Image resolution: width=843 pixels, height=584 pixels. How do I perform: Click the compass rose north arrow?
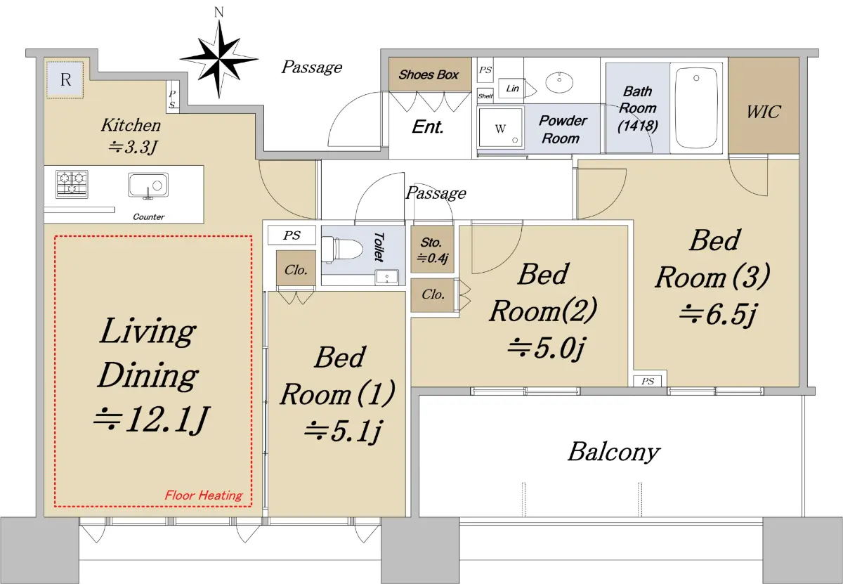coord(219,60)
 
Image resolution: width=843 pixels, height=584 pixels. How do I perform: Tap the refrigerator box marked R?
coord(65,80)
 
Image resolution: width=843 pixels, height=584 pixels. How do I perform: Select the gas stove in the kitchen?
coord(72,184)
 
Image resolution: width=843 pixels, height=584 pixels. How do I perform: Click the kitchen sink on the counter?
coord(148,186)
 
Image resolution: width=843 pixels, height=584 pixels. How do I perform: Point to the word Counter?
coord(149,217)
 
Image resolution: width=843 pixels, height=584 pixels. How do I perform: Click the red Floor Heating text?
coord(204,495)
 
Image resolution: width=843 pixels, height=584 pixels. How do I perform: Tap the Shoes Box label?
coord(429,74)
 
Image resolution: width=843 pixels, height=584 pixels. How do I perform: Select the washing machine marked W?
coord(500,128)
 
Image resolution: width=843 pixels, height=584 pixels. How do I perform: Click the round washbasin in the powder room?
coord(559,82)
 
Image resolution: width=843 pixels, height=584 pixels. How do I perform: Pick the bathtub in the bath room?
coord(696,108)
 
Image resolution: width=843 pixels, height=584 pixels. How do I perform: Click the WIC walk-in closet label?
coord(764,112)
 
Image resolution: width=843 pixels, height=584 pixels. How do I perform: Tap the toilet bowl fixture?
coord(341,249)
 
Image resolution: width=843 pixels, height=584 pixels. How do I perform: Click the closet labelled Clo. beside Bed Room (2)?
coord(433,295)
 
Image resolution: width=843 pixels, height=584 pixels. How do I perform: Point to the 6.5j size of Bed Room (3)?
coord(717,315)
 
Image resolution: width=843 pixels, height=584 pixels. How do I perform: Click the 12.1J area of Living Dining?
coord(151,420)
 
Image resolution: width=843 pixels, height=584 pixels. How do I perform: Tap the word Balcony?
coord(614,452)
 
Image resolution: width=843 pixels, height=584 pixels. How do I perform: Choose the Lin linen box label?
coord(512,89)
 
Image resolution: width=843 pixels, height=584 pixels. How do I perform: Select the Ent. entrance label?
coord(428,127)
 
